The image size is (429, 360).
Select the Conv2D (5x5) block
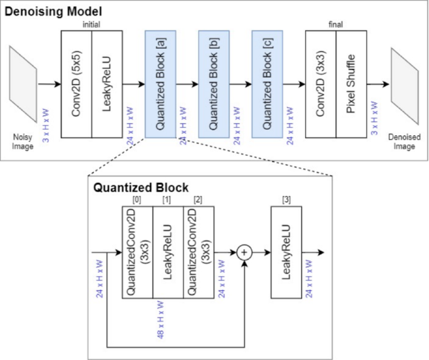coord(76,83)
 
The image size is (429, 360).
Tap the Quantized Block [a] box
coord(160,83)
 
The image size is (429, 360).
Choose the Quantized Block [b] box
coord(214,83)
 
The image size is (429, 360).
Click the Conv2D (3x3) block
coord(321,83)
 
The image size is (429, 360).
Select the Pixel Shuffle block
coord(351,83)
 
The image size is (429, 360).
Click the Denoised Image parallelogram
coord(405,84)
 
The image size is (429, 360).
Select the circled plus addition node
coord(245,252)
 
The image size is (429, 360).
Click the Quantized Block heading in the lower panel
coord(141,187)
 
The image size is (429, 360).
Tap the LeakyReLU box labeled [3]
coord(286,252)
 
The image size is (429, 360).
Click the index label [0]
coord(137,199)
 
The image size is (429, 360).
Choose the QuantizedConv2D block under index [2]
coord(199,252)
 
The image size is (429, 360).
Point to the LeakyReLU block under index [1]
coord(168,252)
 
